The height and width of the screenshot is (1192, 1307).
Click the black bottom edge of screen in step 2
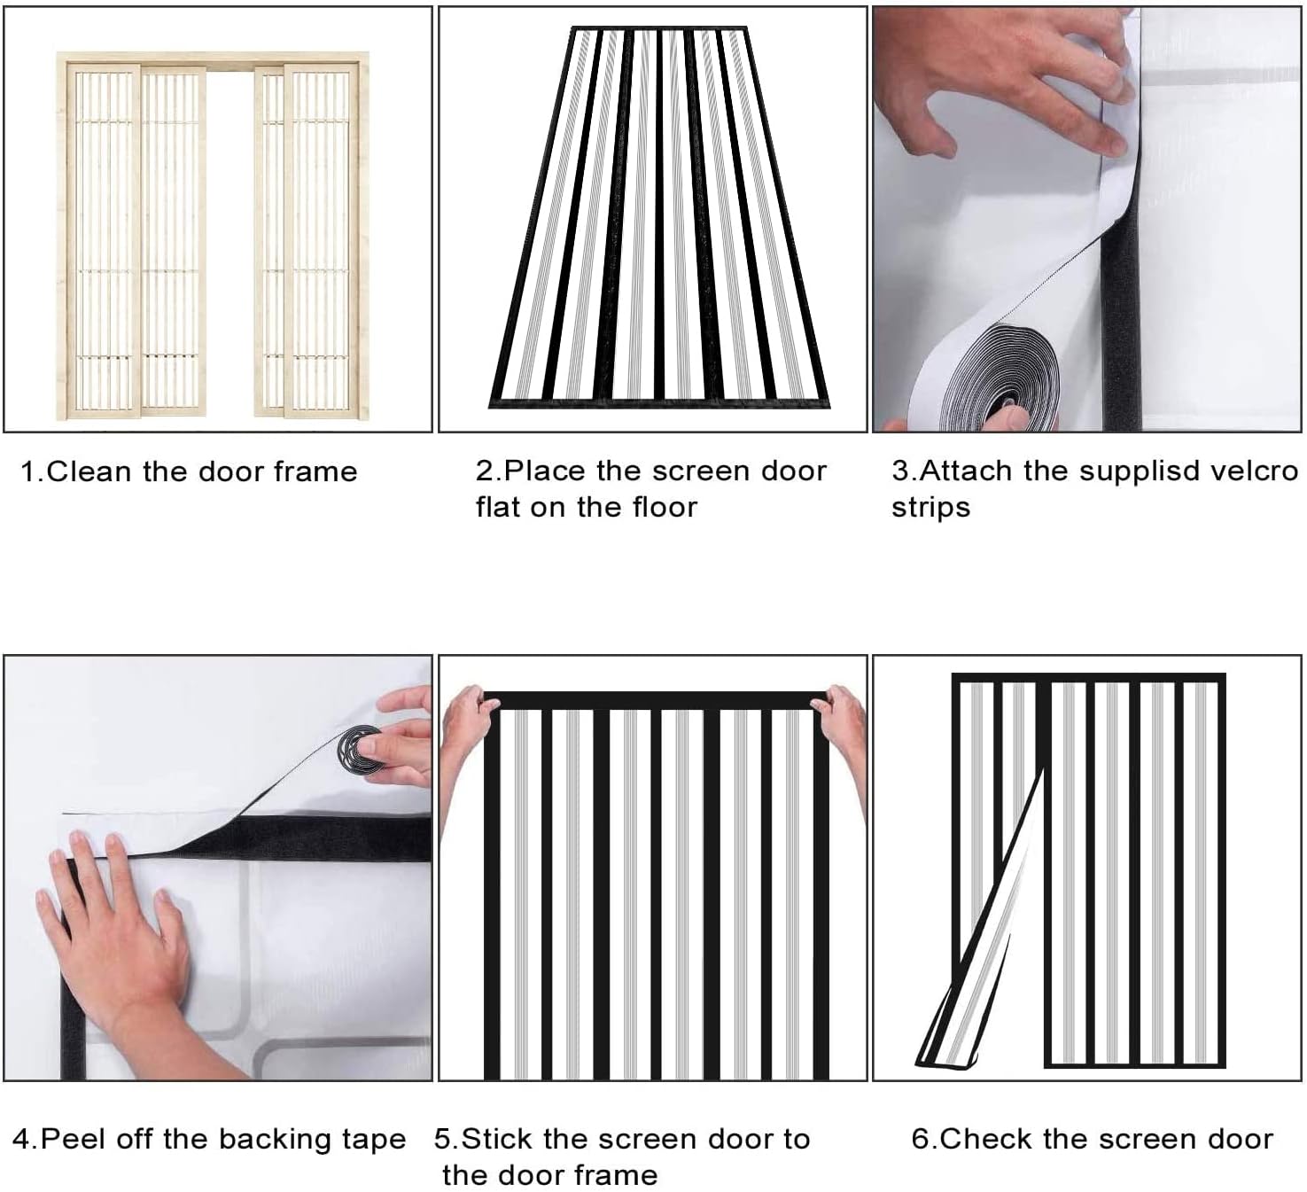click(660, 403)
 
